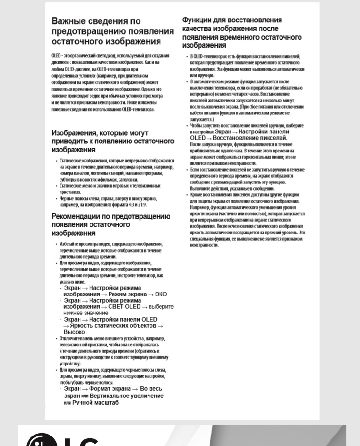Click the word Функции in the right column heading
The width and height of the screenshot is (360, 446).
[199, 20]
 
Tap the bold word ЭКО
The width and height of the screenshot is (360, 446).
[160, 294]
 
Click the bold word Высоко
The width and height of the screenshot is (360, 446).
[74, 332]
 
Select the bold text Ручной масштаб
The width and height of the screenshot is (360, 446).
[96, 403]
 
